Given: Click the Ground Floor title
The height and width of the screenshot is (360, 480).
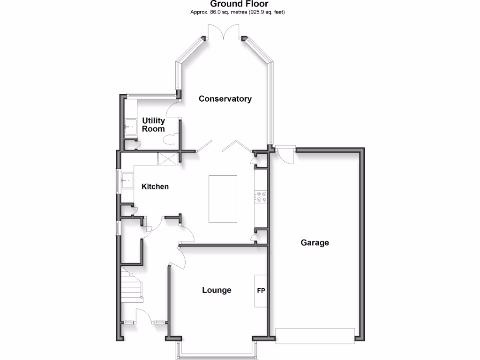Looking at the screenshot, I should coord(239,4).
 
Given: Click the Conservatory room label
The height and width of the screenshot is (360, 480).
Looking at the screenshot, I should coord(225,99).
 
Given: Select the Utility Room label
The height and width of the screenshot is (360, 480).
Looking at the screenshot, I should coord(153,125).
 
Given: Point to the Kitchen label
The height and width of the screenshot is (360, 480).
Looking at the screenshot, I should coord(155,187).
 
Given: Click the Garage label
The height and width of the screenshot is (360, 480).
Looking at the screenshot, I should coord(315,243).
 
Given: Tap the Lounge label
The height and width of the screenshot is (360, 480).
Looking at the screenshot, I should coord(217,290).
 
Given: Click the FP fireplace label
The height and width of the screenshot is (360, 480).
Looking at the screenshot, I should coord(261,291).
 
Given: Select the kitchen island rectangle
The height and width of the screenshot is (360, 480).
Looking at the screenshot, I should coord(223,199).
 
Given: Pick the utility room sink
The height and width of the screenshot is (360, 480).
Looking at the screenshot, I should coord(129,126).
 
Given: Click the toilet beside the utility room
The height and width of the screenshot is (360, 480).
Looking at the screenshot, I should coord(171,139).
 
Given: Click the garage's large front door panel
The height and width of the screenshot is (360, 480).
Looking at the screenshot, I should coord(315,336).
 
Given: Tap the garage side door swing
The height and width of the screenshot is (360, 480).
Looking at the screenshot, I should coord(285,154).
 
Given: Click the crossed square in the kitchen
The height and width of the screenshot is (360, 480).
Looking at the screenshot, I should coord(168,159).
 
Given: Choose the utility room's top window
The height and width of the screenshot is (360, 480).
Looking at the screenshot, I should coord(150,96).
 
